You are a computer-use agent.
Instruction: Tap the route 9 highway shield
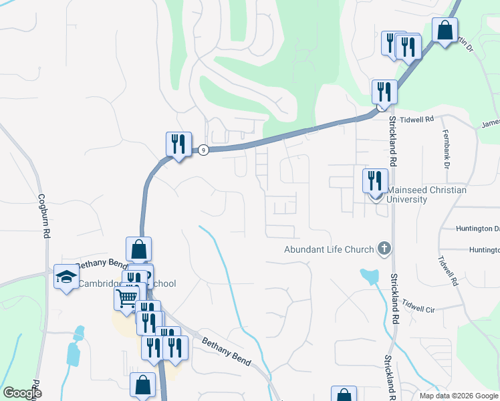[203, 150]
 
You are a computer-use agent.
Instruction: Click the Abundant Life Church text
[329, 250]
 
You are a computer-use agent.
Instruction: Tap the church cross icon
[384, 249]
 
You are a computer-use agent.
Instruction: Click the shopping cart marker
[126, 297]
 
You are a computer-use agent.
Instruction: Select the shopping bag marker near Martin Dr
[444, 30]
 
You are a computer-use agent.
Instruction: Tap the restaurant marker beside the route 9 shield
[178, 144]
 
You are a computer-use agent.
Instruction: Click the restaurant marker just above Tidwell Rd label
[384, 92]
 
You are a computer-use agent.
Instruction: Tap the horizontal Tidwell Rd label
[419, 119]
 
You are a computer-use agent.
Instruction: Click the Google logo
[22, 392]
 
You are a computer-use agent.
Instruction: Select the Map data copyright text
[459, 396]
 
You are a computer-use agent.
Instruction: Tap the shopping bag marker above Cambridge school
[138, 249]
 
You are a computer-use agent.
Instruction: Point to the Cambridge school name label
[127, 283]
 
